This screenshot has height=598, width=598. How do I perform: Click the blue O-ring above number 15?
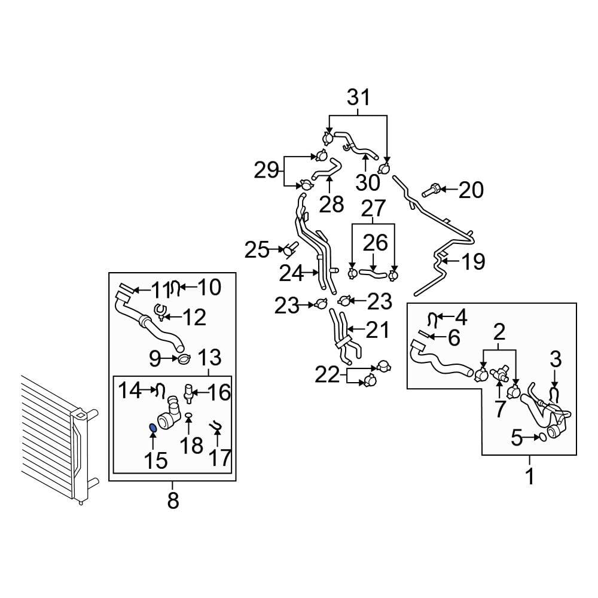[x=152, y=428]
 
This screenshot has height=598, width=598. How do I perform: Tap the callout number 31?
[x=359, y=97]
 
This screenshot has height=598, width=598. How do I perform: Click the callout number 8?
[x=173, y=501]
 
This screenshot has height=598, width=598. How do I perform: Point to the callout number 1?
[x=529, y=477]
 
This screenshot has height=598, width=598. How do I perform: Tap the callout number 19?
[x=473, y=261]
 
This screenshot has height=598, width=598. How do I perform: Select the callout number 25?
[x=257, y=249]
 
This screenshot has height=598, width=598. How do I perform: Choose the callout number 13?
[x=209, y=359]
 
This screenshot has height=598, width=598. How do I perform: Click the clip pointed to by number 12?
[x=160, y=310]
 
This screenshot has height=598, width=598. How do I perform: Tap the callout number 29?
[x=267, y=172]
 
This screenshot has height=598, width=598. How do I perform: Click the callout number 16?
[x=219, y=392]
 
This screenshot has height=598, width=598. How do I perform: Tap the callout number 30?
[x=369, y=181]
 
